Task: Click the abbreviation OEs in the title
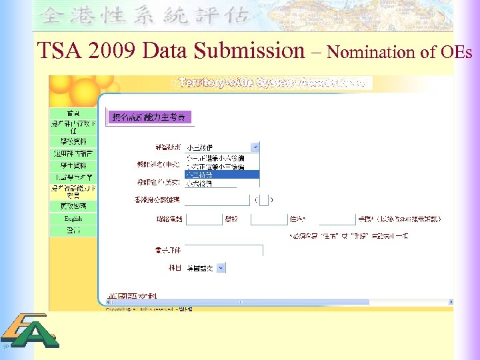click(458, 51)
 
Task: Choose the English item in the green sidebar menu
click(73, 219)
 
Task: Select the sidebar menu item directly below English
click(73, 230)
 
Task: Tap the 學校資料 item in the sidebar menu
click(73, 142)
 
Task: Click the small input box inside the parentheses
click(263, 199)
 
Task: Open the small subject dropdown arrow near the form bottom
click(221, 268)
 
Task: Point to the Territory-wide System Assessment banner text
click(273, 83)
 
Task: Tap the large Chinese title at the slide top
click(144, 15)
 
